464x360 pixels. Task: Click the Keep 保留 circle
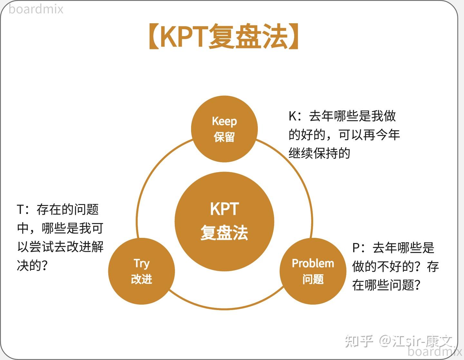click(224, 129)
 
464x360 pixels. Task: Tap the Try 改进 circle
click(141, 271)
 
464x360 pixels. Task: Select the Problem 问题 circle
click(313, 271)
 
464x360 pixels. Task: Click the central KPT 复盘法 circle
click(224, 221)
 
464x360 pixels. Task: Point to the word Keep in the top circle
click(224, 121)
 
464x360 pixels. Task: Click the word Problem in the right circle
click(313, 263)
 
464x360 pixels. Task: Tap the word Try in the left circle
click(141, 264)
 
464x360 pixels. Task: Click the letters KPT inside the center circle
click(224, 209)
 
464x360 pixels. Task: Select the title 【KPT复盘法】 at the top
click(224, 36)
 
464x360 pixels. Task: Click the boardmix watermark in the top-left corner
click(36, 9)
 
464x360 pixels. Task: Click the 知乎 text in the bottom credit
click(359, 341)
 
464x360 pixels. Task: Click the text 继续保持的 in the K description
click(319, 153)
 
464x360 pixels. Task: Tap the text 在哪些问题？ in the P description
click(386, 285)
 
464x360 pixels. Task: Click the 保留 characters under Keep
click(224, 137)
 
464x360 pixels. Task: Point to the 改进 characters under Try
click(141, 279)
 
